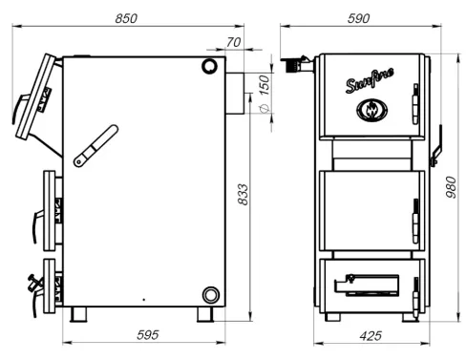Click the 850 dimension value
coord(126,18)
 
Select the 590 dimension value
coord(358,18)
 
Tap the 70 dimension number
coord(234,42)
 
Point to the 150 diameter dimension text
coord(265,85)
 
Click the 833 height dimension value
coord(243,194)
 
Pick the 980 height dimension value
coord(451,187)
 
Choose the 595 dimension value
coord(147,335)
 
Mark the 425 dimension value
coord(371,336)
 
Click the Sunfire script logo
coord(370,81)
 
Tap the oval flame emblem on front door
coord(371,110)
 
